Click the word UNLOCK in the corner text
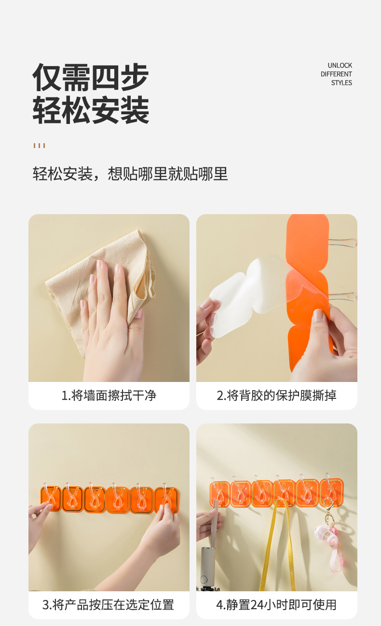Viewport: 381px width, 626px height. (340, 65)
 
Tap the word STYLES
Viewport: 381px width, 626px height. (341, 83)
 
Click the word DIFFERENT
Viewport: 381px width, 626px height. (336, 74)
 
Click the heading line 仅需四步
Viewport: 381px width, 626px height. (91, 78)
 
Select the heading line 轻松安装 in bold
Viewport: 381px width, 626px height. (91, 110)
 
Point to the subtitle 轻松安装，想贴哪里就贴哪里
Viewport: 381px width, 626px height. (130, 174)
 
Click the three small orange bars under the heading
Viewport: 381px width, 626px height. (39, 146)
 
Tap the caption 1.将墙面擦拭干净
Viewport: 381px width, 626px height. (109, 395)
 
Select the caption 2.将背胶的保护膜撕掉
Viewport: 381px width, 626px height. (276, 395)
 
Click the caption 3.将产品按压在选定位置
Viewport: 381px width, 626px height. (109, 604)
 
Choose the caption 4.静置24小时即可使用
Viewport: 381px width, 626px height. (276, 604)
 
